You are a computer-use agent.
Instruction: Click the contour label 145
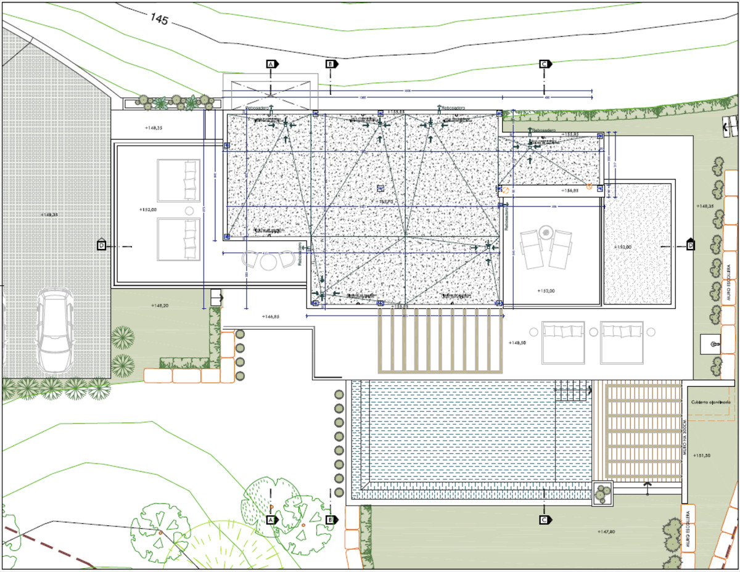(158, 19)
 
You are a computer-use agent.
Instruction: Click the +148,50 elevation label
(517, 343)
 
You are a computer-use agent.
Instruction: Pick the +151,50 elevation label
(702, 455)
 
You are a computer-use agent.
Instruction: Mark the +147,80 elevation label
(607, 531)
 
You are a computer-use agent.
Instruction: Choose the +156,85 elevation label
(567, 190)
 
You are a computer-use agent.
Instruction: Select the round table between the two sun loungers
(545, 233)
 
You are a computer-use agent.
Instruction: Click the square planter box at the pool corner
(602, 493)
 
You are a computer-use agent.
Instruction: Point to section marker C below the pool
(544, 520)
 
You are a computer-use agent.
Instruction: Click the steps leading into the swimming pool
(573, 390)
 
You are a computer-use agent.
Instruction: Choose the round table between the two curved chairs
(269, 261)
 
